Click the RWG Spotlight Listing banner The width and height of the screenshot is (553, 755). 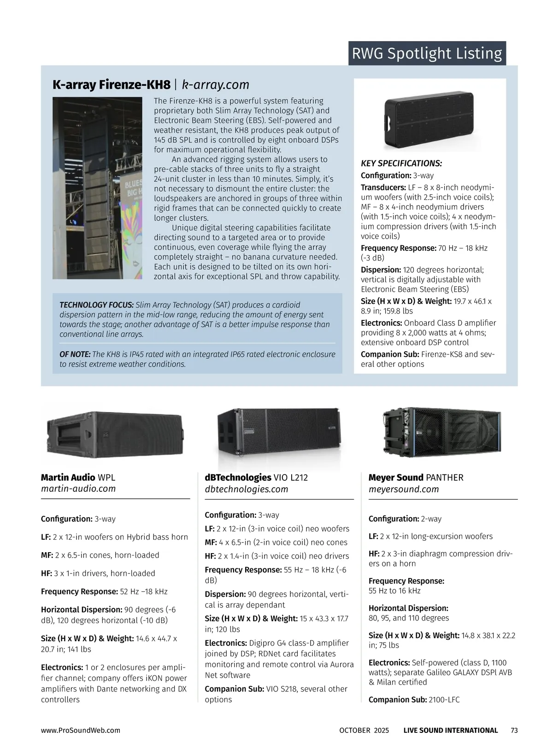tap(427, 53)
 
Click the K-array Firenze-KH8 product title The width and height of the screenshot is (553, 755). tap(111, 85)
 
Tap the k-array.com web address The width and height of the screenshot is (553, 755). tap(216, 85)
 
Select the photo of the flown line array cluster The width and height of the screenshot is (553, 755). tap(97, 188)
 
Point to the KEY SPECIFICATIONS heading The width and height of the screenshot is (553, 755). tap(401, 163)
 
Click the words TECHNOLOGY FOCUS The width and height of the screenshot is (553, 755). tap(96, 305)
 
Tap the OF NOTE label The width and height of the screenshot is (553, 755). tap(75, 354)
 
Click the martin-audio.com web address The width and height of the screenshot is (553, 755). tap(78, 489)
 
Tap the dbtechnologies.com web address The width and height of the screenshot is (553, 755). tap(246, 489)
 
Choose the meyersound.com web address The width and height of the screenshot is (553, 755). tap(404, 489)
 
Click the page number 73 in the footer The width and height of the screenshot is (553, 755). tap(514, 730)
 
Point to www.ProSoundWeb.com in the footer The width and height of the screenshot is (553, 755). tap(81, 730)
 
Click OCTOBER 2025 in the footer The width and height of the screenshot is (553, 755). tap(364, 730)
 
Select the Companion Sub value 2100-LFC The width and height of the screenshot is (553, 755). tap(444, 699)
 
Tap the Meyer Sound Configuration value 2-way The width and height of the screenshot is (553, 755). tap(431, 519)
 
